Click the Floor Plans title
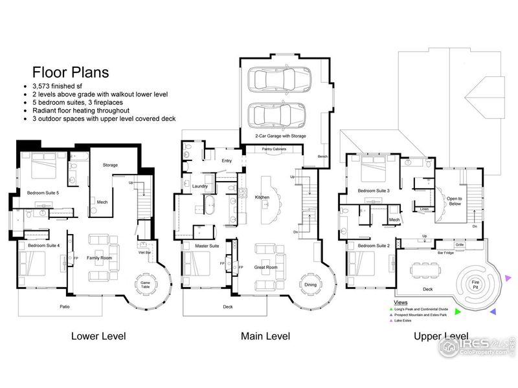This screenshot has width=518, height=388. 70,72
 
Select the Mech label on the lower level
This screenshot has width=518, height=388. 102,202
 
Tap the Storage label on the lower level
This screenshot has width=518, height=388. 110,165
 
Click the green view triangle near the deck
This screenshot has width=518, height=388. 458,312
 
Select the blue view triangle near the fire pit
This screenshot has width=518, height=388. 493,311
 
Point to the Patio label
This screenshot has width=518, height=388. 65,306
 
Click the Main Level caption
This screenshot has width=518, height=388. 265,336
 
